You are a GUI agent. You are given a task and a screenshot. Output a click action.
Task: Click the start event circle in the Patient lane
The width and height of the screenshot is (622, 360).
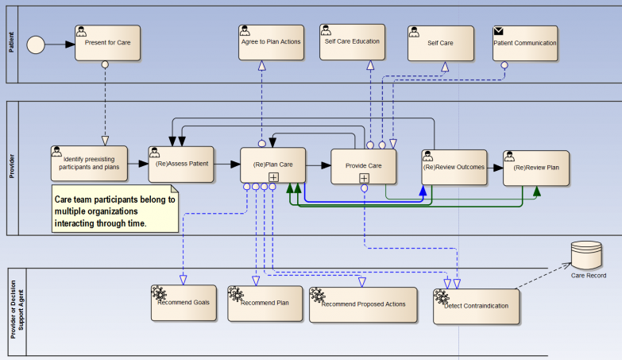(x=37, y=44)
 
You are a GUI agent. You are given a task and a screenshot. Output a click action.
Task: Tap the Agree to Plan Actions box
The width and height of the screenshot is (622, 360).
(x=271, y=42)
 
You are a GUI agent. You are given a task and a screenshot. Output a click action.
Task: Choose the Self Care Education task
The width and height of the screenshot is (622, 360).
(x=352, y=41)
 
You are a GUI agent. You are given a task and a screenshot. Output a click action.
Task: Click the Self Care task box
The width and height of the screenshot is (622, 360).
(x=440, y=43)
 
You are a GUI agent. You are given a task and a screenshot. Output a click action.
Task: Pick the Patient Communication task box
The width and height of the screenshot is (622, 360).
(x=524, y=43)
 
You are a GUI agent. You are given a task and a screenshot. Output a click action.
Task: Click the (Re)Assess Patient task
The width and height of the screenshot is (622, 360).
(x=181, y=165)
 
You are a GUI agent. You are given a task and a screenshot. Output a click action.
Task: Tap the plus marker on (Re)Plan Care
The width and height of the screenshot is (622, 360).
(x=272, y=177)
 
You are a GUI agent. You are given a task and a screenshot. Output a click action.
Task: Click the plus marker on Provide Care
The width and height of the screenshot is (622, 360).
(x=364, y=178)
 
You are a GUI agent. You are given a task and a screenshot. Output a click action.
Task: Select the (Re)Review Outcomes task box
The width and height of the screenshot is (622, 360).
(x=453, y=167)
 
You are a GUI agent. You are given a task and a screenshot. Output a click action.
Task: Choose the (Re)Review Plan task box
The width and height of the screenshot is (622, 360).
(x=536, y=168)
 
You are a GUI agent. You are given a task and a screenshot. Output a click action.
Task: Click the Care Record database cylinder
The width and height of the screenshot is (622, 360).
(x=589, y=255)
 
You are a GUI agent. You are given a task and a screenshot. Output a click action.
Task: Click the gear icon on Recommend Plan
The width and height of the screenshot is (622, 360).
(x=236, y=295)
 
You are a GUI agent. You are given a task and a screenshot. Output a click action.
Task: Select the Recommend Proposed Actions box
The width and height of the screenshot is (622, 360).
(x=363, y=304)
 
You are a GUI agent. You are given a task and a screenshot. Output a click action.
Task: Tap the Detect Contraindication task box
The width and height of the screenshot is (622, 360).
(x=477, y=306)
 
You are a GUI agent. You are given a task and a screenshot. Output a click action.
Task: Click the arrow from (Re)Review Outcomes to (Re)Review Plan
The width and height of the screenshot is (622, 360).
(x=494, y=168)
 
